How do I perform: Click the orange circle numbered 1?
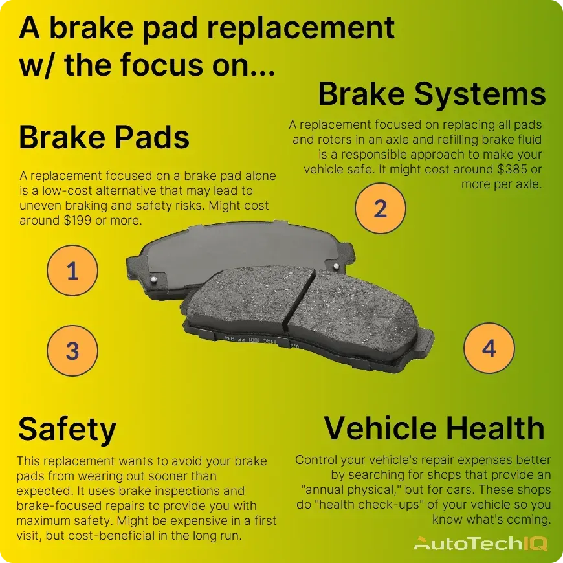pyautogui.click(x=72, y=270)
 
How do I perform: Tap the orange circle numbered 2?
pyautogui.click(x=381, y=208)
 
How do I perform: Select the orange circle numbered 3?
pyautogui.click(x=72, y=351)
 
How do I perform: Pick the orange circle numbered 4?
pyautogui.click(x=489, y=349)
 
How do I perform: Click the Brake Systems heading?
pyautogui.click(x=432, y=94)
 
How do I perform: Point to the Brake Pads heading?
pyautogui.click(x=104, y=137)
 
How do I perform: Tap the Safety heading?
pyautogui.click(x=67, y=428)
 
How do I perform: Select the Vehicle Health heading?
pyautogui.click(x=434, y=428)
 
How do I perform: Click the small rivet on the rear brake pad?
pyautogui.click(x=154, y=279)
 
